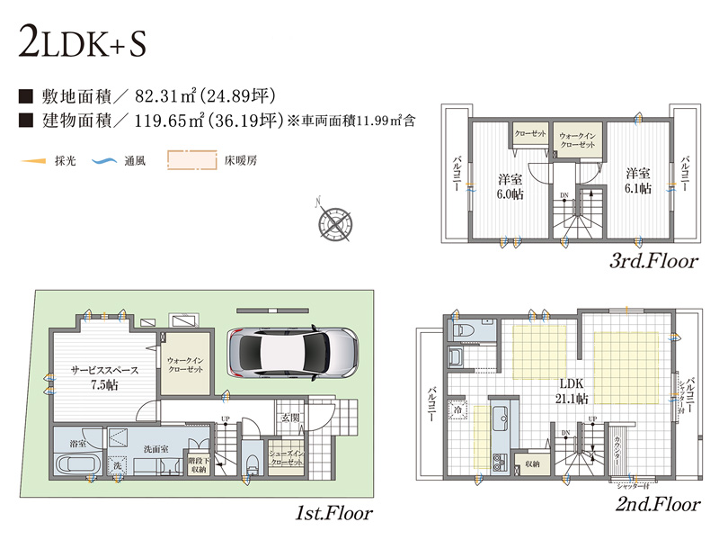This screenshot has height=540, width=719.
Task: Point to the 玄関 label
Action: point(288,417)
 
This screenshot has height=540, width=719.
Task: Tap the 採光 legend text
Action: point(65,162)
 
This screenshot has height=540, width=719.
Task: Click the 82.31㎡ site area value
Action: point(164,95)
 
